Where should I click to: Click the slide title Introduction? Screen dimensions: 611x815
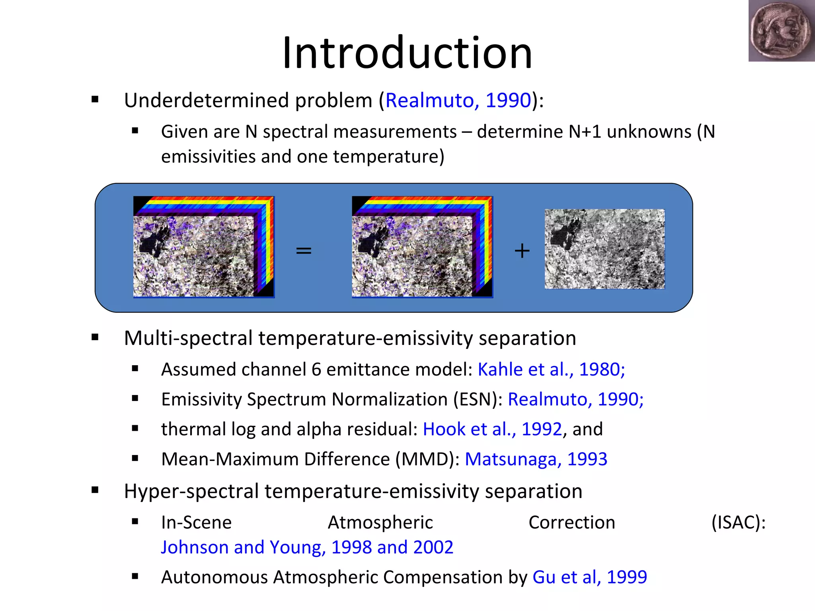click(407, 53)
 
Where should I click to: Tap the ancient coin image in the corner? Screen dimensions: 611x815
click(781, 31)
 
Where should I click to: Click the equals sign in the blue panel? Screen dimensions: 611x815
click(304, 251)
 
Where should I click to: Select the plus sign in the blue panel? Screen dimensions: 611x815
click(522, 251)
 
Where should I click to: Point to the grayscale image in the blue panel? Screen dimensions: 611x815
click(604, 249)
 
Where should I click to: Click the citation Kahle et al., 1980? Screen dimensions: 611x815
click(551, 370)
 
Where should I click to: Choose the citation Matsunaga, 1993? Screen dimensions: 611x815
click(536, 459)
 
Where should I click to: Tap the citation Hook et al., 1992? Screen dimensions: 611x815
click(492, 429)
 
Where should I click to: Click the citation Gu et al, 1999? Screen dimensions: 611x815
click(589, 577)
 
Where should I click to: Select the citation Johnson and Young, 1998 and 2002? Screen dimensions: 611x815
click(307, 547)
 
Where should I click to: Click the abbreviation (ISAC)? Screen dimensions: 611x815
click(738, 522)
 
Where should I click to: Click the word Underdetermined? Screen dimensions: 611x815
click(206, 100)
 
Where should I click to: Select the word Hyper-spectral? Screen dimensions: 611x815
click(191, 491)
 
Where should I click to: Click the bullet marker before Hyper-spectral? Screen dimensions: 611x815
click(95, 490)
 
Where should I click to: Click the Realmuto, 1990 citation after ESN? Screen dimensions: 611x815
click(575, 399)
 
